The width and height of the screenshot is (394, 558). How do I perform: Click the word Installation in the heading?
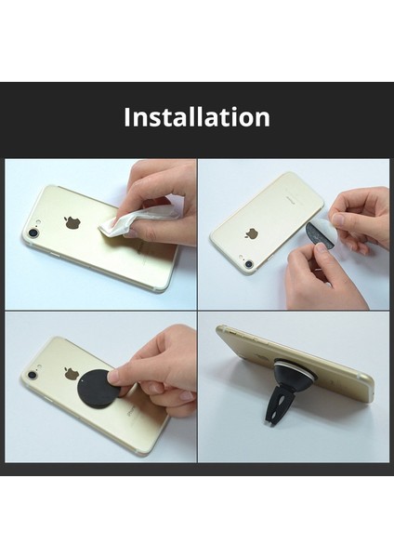click(197, 118)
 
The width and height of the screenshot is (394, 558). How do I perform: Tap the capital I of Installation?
click(127, 118)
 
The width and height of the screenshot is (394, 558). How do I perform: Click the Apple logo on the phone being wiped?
click(72, 223)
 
